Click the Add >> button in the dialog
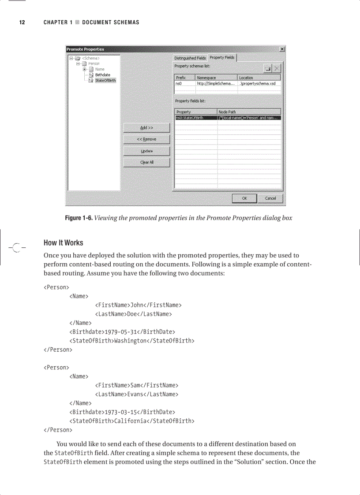pyautogui.click(x=146, y=128)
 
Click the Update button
pyautogui.click(x=146, y=151)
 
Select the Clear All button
pyautogui.click(x=146, y=162)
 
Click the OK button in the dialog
pyautogui.click(x=244, y=198)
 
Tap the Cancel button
pyautogui.click(x=270, y=198)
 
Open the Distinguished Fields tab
pyautogui.click(x=190, y=58)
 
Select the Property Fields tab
pyautogui.click(x=222, y=58)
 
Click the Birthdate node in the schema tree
pyautogui.click(x=102, y=75)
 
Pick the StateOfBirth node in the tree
pyautogui.click(x=105, y=81)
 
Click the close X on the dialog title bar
pyautogui.click(x=282, y=49)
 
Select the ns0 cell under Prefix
pyautogui.click(x=179, y=83)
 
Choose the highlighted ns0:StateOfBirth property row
pyautogui.click(x=196, y=118)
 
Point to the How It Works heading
pyautogui.click(x=63, y=243)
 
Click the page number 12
pyautogui.click(x=22, y=22)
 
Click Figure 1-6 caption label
pyautogui.click(x=79, y=218)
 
